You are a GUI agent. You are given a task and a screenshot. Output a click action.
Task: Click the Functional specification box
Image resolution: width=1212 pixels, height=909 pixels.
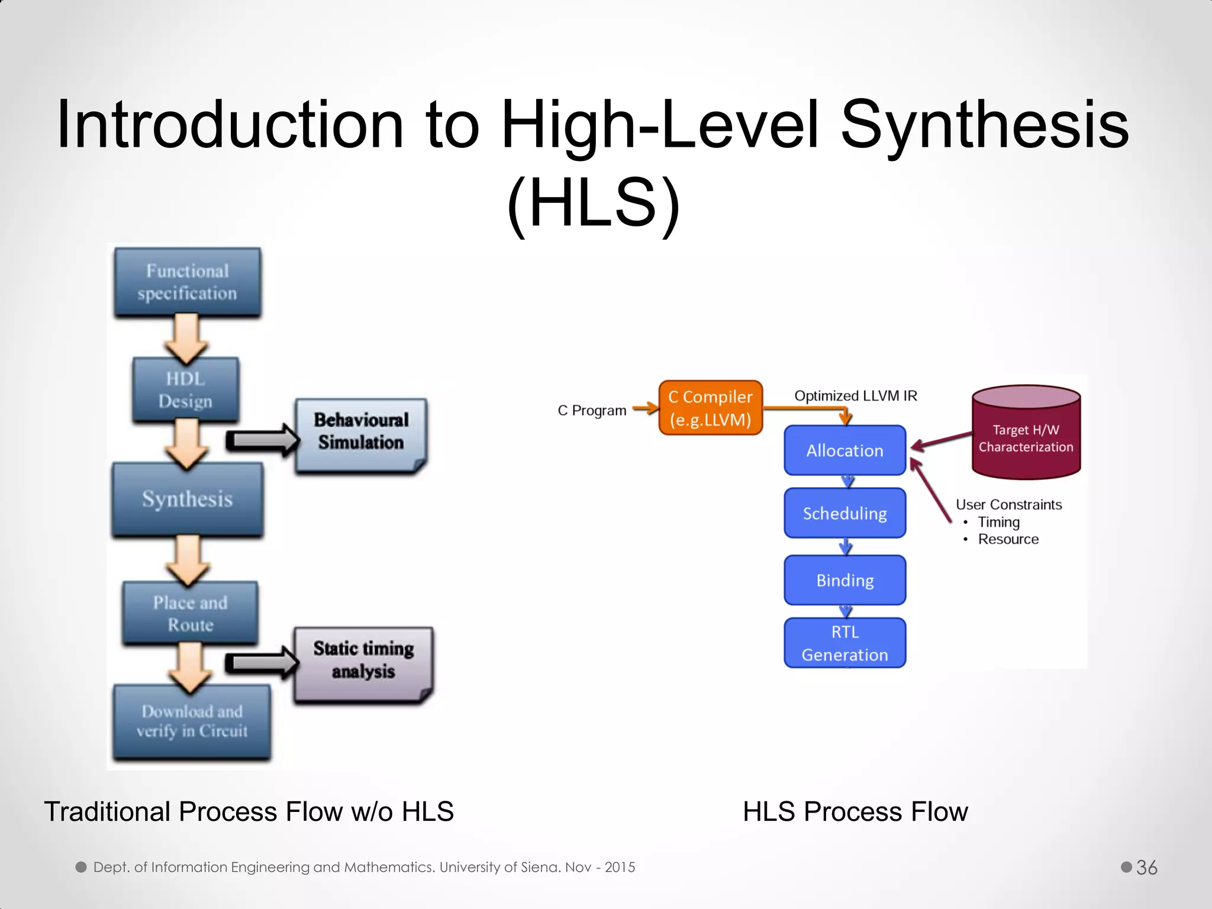click(x=188, y=282)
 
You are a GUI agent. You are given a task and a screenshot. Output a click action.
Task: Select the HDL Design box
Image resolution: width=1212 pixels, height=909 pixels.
click(x=186, y=390)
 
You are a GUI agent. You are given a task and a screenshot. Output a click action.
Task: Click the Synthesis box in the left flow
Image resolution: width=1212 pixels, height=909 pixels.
click(x=188, y=499)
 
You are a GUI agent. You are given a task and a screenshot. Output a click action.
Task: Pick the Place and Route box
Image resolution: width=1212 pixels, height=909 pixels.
click(x=190, y=613)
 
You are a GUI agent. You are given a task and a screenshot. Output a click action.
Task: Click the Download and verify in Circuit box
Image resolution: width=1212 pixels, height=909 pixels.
click(x=192, y=721)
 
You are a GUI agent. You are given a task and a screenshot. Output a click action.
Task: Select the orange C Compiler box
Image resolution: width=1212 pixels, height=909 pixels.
click(x=710, y=408)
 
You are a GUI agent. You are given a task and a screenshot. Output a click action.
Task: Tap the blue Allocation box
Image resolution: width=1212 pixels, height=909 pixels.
click(x=844, y=450)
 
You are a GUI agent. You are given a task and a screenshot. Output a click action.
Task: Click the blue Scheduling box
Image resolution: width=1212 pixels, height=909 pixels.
click(x=844, y=513)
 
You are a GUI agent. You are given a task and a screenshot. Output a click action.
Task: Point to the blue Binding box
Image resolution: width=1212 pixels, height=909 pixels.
click(x=844, y=580)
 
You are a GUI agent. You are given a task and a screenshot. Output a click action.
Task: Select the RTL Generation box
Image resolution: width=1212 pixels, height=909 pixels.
click(x=844, y=643)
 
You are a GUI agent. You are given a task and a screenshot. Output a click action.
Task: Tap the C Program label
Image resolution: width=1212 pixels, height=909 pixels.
click(x=591, y=411)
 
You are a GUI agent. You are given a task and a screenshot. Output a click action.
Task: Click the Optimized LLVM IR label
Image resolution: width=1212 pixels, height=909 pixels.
click(x=855, y=396)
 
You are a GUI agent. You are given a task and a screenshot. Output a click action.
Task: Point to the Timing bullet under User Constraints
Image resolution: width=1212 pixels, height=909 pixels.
click(x=998, y=522)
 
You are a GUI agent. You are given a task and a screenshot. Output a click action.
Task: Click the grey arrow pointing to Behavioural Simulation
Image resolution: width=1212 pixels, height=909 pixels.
click(x=262, y=440)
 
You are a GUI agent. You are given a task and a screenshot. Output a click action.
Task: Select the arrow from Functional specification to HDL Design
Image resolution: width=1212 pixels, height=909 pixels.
click(x=187, y=337)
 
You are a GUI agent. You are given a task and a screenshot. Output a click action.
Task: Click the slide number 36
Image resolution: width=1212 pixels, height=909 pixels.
click(x=1146, y=868)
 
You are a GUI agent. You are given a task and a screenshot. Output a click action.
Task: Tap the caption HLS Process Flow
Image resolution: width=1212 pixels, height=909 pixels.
click(x=855, y=811)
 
